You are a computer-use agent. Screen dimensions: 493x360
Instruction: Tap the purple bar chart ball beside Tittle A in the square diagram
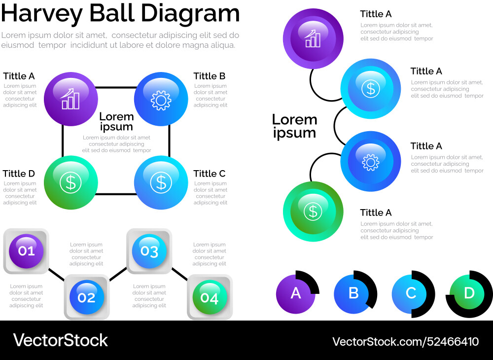coord(70,99)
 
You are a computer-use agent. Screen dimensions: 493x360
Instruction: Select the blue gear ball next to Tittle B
coord(161,99)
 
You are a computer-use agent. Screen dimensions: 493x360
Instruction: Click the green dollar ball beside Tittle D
coord(70,182)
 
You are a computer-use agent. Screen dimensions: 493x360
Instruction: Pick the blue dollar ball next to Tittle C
coord(161,182)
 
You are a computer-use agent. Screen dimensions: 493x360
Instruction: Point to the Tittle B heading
coord(209,76)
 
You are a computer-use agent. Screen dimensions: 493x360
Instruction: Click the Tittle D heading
coord(19,174)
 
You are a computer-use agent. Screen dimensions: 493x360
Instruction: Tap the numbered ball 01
coord(27,251)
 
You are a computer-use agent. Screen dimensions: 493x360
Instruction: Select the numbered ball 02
coord(86,297)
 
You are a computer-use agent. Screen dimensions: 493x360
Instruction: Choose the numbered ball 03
coord(149,251)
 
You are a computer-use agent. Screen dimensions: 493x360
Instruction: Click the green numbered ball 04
coord(210,297)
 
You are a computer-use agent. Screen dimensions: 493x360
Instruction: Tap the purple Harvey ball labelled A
coord(296,293)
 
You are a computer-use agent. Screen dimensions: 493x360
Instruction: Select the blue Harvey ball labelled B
coord(353,293)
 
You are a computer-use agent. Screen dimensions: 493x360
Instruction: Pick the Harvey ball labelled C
coord(411,293)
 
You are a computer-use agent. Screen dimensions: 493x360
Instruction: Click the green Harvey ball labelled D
coord(469,293)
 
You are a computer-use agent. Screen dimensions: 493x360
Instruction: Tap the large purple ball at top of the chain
coord(313,38)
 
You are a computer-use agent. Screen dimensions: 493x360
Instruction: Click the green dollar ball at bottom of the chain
coord(313,212)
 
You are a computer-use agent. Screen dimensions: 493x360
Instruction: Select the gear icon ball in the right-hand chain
coord(370,161)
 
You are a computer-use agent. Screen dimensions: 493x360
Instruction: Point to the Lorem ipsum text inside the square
coord(116,122)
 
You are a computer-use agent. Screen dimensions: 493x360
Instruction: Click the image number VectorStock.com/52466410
coord(405,341)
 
